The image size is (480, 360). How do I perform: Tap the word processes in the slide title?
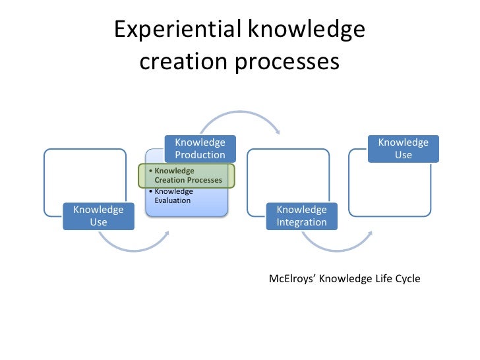tap(286, 62)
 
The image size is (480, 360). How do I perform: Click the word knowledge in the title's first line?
tap(307, 30)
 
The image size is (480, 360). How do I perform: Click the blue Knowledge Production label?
tap(200, 149)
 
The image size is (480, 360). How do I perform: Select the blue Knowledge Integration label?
tap(301, 216)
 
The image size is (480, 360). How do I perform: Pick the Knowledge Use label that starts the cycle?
tap(98, 216)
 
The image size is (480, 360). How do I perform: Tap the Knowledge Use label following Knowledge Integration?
tap(403, 149)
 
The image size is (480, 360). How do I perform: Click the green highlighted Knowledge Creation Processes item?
tap(187, 175)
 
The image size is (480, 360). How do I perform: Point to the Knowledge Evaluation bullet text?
tap(173, 196)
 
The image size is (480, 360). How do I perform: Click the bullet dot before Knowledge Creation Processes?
tap(150, 171)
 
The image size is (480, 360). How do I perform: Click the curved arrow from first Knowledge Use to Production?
tap(135, 244)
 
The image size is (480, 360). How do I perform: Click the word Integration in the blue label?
tap(301, 222)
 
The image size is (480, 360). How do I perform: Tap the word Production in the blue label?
tap(200, 155)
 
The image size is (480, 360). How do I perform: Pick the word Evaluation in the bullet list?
tap(172, 200)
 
